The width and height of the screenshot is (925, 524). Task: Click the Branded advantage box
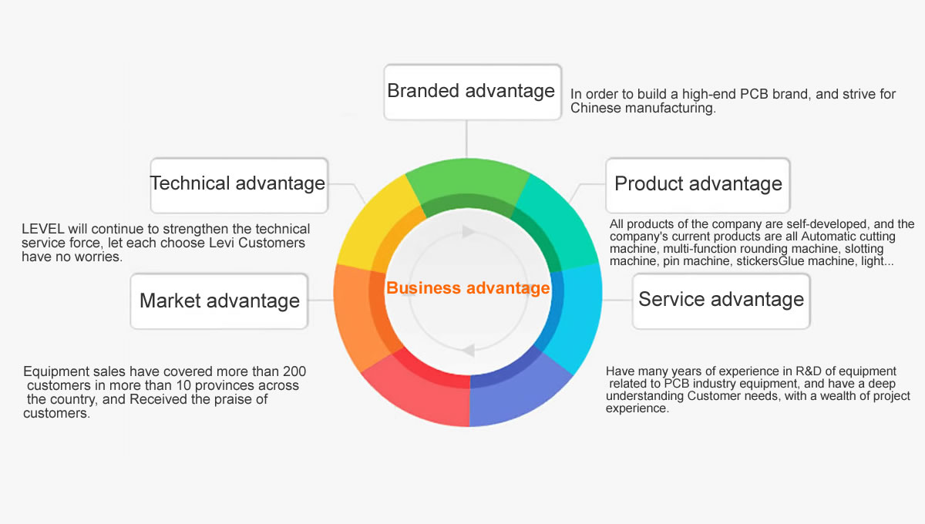(x=473, y=92)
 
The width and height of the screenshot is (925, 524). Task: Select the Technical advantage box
(x=239, y=186)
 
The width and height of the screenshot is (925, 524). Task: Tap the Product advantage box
(x=698, y=186)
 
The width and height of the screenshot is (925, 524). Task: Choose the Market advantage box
(x=219, y=301)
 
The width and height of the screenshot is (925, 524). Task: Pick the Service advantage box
(x=721, y=301)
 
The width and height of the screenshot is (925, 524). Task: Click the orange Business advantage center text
(x=468, y=287)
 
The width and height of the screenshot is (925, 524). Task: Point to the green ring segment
(x=468, y=182)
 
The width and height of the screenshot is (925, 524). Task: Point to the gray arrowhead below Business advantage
(x=469, y=351)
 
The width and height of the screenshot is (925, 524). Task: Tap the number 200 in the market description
(x=294, y=371)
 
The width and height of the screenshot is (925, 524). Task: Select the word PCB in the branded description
(x=754, y=94)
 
